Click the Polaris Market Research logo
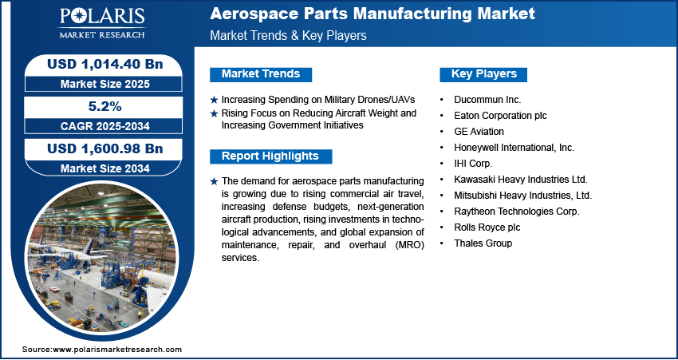102,23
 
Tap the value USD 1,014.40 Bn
105,64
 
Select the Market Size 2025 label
105,84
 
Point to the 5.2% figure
105,106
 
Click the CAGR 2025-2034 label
105,126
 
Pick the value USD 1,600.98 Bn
105,148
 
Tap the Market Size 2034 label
105,168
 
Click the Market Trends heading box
261,74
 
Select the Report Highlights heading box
270,156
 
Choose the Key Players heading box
483,74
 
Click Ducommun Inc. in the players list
487,100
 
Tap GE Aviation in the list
479,131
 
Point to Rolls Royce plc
487,227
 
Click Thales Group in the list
483,243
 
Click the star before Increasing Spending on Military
214,100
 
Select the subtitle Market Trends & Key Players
289,35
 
